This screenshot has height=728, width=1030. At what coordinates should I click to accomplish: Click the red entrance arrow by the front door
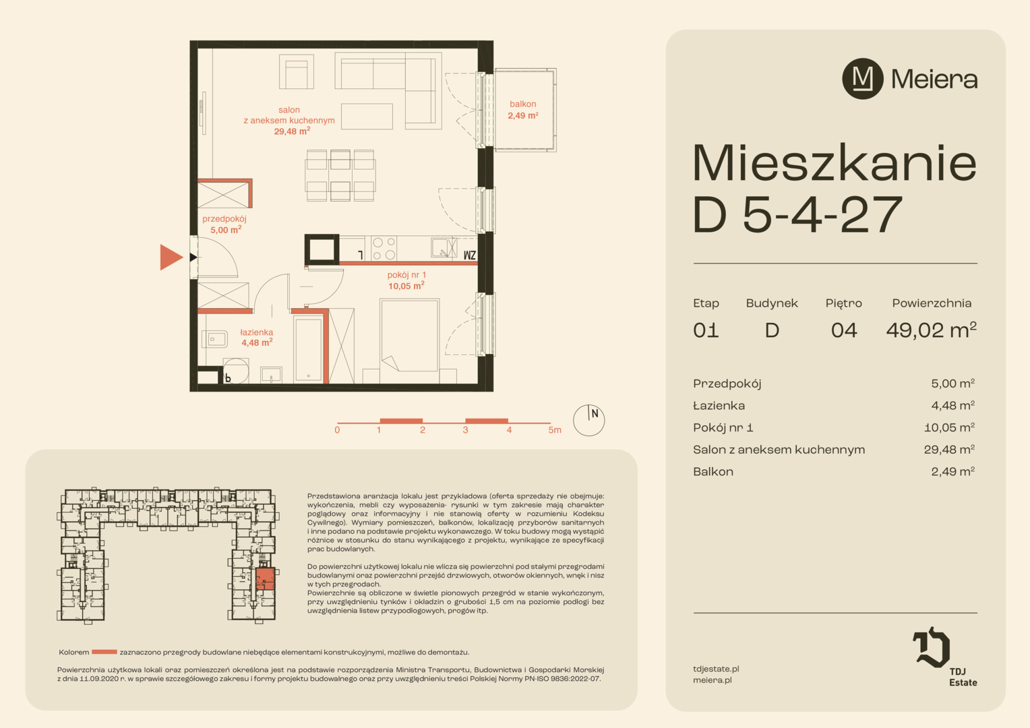171,257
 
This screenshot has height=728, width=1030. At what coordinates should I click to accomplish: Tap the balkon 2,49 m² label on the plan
523,110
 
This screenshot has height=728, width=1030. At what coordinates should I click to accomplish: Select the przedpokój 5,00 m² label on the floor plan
225,224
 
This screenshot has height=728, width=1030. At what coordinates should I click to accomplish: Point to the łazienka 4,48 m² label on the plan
257,337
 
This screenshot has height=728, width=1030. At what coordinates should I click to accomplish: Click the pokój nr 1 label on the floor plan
406,274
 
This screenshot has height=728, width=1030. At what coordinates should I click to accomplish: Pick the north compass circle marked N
588,421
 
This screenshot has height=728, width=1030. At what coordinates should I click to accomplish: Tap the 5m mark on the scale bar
555,430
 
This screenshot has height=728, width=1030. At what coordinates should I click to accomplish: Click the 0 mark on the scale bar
337,430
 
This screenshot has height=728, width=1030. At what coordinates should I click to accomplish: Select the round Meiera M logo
863,79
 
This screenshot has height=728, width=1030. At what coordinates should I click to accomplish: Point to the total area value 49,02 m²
931,330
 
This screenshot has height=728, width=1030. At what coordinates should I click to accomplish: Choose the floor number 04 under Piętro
844,330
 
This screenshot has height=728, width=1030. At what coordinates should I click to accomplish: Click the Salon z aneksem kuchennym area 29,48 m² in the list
949,450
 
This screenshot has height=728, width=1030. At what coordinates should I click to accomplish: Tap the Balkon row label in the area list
713,471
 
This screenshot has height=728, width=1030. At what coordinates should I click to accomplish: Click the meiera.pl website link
713,679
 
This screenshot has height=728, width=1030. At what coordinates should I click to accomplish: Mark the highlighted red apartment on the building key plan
266,579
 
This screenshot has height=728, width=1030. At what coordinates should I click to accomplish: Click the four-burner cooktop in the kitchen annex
384,249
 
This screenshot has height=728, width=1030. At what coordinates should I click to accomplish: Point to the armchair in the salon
297,71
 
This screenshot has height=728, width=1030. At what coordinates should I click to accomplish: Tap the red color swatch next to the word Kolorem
104,652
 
